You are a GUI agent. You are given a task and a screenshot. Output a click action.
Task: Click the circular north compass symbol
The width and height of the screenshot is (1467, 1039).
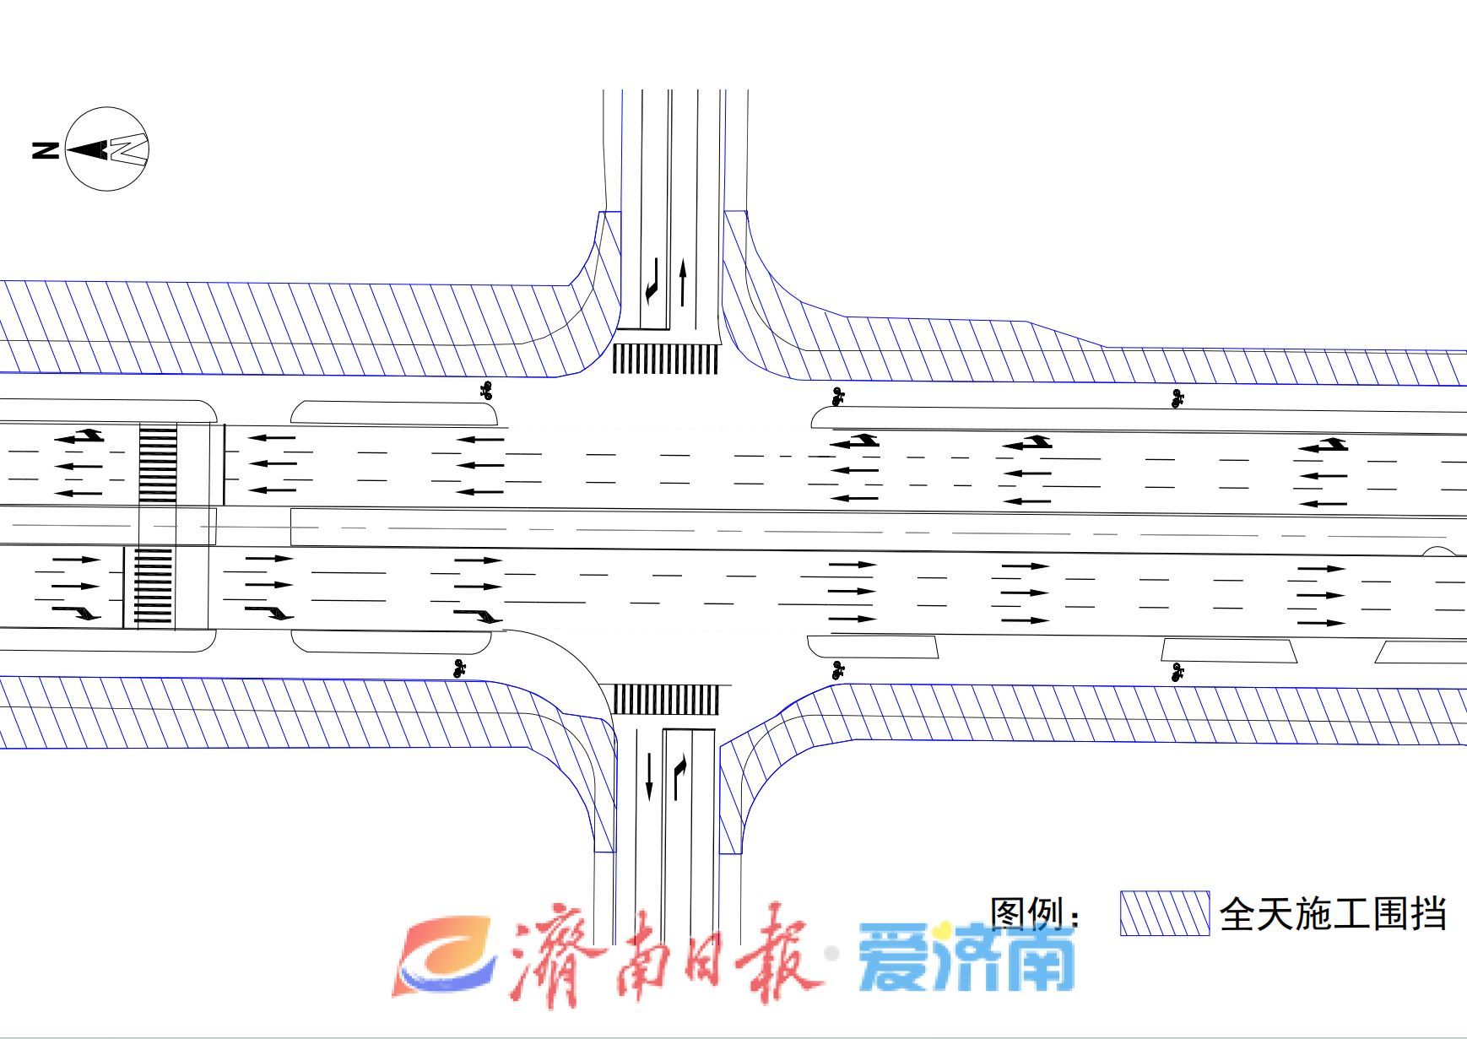107,149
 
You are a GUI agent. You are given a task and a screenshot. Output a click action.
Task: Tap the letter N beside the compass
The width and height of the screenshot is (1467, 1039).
46,150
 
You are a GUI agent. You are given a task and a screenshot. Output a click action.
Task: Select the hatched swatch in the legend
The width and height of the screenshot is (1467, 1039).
1165,913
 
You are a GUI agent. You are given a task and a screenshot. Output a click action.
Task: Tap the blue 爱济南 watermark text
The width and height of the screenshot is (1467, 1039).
967,959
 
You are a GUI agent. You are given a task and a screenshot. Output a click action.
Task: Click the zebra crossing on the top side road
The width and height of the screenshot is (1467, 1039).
665,359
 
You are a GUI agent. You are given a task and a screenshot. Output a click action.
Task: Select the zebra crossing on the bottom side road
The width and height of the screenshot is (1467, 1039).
665,699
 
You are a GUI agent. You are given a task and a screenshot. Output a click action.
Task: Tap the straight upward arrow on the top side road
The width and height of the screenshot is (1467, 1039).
683,283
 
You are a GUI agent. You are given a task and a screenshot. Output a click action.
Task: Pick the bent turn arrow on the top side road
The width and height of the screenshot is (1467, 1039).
651,281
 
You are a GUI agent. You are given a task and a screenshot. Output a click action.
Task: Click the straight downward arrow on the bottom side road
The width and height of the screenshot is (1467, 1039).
649,777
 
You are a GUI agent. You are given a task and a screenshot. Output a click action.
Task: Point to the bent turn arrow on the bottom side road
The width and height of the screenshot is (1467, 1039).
679,777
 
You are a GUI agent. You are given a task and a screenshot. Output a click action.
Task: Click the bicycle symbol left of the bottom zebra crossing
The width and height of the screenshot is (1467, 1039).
460,668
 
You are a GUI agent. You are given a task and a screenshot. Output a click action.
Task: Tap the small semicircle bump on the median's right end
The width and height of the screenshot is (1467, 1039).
1440,552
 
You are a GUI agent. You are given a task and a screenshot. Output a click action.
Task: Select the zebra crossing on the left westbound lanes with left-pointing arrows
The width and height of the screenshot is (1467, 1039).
158,464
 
